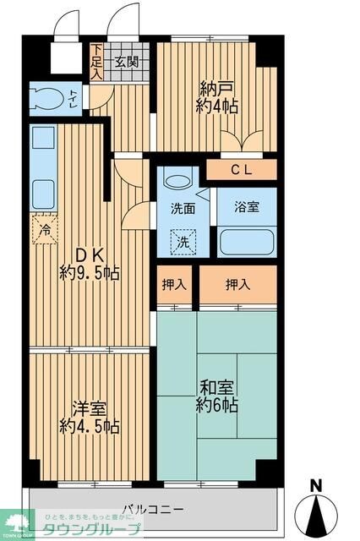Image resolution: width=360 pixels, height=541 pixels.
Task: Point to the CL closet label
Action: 243,170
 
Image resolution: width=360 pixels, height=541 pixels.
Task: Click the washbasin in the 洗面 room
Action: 177,181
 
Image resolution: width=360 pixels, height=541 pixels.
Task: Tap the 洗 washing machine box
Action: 183,242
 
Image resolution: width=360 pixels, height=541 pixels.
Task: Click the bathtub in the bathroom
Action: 247,243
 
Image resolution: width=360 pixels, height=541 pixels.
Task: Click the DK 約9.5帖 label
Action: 89,263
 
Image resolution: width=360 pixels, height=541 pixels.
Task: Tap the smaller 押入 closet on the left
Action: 174,286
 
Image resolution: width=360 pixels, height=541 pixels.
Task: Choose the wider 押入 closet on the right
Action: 237,286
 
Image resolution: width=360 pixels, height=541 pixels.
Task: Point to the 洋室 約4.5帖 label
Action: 89,417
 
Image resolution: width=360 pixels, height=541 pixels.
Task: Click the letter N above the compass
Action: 316,485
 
